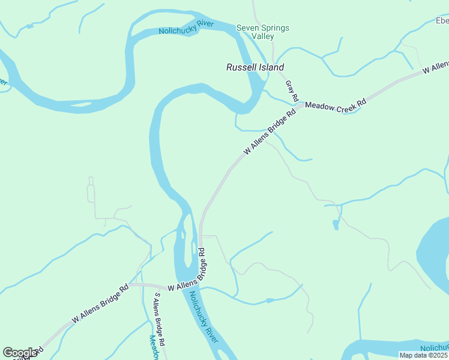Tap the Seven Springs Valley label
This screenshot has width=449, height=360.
tap(262, 32)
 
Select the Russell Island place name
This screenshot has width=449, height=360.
tap(255, 67)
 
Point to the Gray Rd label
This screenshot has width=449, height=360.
tap(292, 90)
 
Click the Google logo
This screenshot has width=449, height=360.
tap(20, 353)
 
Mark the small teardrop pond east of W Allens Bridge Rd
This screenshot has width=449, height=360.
tap(336, 225)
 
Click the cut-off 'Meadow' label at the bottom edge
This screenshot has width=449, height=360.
tap(155, 349)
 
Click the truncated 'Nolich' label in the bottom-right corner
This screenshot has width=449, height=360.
tap(435, 348)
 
